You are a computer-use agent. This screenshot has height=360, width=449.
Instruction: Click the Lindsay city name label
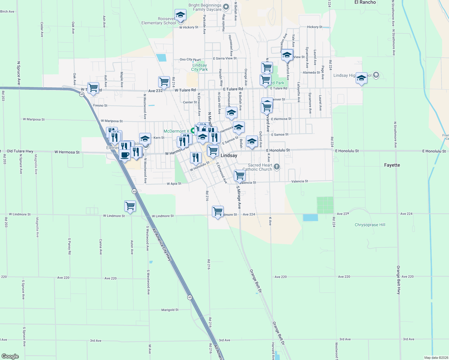coord(229,155)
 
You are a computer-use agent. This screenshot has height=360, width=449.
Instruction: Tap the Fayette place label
coord(392,165)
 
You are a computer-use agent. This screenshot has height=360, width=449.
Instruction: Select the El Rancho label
coord(365,2)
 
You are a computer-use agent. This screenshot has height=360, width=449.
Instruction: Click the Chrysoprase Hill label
coord(370,225)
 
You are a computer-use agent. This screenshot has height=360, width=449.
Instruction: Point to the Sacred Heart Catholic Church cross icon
coord(277,166)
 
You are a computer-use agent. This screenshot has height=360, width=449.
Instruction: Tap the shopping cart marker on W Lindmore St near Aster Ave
coord(130,206)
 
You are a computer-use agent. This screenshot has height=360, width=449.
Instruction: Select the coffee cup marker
coord(125,155)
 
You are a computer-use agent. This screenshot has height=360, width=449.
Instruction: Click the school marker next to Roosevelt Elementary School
coord(180,15)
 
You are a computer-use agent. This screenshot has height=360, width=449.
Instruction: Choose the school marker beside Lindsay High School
coord(361,79)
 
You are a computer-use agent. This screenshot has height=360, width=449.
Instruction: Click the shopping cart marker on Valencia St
coord(240,175)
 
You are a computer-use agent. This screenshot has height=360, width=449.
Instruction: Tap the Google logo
coord(10,356)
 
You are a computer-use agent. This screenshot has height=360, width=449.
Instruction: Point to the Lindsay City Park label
coord(200,67)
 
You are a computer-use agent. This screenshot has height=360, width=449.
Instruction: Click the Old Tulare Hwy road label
coord(20,151)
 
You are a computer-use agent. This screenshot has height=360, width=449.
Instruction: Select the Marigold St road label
coord(170,310)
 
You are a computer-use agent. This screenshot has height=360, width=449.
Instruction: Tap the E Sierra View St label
coord(225,58)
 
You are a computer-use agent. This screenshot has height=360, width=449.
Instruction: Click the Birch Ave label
coord(7,12)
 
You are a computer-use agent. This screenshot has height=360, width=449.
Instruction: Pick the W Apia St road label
coord(174,184)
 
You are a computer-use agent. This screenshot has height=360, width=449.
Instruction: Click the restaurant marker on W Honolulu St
coord(196,157)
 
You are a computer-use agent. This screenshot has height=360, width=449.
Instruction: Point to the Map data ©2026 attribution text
coord(436,358)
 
